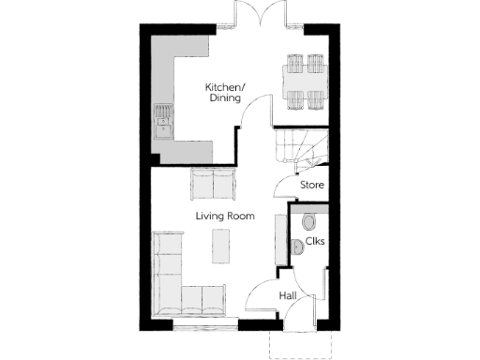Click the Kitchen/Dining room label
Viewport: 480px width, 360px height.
(224, 93)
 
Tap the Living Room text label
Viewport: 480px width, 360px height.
(225, 217)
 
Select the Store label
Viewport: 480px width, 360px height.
(312, 185)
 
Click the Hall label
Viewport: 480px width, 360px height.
(289, 296)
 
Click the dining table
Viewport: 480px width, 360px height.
(305, 82)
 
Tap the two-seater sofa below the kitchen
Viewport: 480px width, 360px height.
(214, 183)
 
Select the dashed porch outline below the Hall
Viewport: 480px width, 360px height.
(299, 347)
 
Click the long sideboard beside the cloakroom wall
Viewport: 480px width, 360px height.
(279, 238)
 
